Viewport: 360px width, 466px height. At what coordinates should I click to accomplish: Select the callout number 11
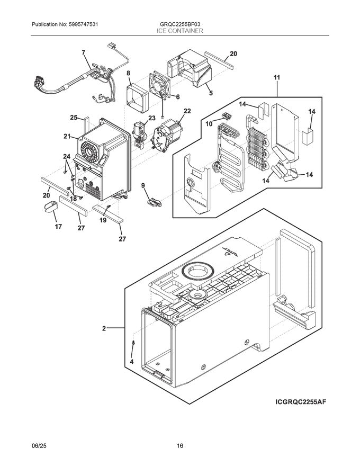click(x=276, y=77)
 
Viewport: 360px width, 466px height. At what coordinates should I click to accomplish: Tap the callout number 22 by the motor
click(x=187, y=111)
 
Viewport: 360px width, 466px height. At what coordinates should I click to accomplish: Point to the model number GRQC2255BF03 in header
click(x=179, y=24)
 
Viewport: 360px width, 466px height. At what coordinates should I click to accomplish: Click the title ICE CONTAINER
click(x=179, y=31)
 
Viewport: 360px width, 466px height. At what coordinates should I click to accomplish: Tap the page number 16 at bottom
click(x=180, y=446)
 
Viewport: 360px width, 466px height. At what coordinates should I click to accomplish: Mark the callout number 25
click(x=74, y=118)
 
